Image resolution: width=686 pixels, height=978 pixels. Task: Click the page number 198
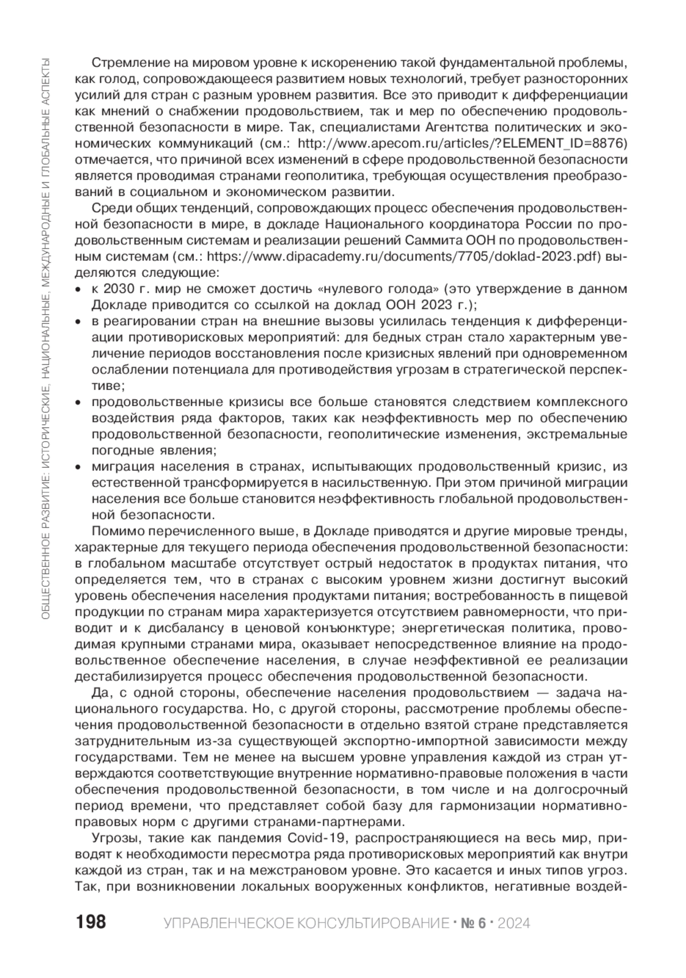tap(90, 922)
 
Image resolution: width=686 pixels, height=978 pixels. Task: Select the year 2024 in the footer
tap(514, 923)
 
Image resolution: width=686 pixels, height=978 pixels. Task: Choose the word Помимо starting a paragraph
tap(115, 531)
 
